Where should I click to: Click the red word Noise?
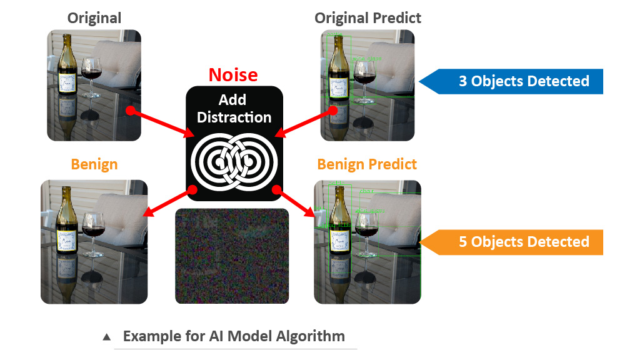coord(233,75)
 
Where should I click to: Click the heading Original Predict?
coord(368,18)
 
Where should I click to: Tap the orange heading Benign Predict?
coord(367,164)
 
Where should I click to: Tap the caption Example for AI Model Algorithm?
coord(234,336)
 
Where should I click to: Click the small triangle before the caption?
coord(107,337)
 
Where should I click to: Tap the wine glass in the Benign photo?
coord(93,231)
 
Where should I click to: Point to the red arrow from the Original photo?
coord(162,122)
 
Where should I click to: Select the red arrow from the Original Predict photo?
coord(306,122)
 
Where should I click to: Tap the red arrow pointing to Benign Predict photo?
coord(297,201)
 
